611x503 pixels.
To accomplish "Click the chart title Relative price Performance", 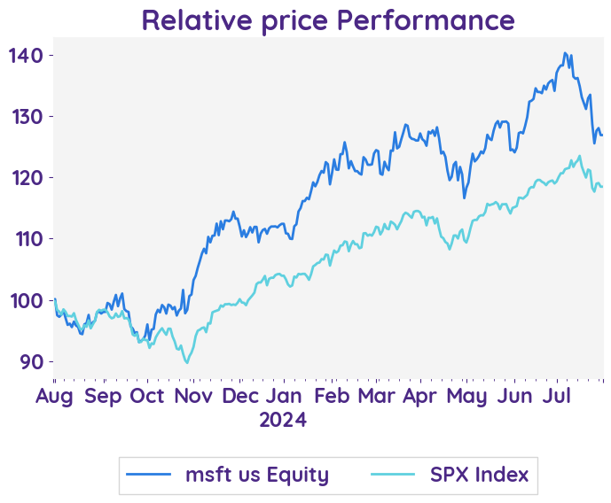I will click(x=327, y=19).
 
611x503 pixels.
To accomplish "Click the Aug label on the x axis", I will click(x=53, y=396).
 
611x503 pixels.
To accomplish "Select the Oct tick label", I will click(x=146, y=396).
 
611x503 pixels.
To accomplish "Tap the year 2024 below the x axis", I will click(x=283, y=419).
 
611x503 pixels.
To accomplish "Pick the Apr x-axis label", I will click(x=419, y=396).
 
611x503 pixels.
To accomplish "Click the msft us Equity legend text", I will click(x=257, y=476).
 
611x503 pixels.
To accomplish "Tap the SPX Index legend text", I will click(x=479, y=476).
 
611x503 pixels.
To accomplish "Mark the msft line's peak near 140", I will click(x=566, y=53).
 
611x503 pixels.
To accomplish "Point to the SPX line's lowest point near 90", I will click(x=187, y=363).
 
